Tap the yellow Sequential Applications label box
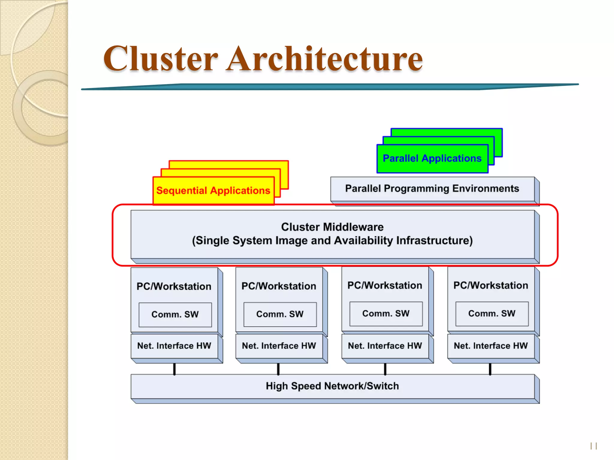(213, 190)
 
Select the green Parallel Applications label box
(432, 158)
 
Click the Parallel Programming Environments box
(432, 189)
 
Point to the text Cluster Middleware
(332, 227)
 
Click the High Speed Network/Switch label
(332, 386)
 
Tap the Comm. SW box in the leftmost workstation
(175, 314)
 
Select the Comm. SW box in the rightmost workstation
(492, 314)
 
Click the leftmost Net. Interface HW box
(174, 346)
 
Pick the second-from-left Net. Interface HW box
(279, 346)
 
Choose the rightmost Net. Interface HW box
(491, 346)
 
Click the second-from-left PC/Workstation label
(279, 286)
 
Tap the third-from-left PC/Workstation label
(385, 285)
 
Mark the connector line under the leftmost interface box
(174, 369)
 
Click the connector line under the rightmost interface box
(490, 369)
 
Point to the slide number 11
(594, 446)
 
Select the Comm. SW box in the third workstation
(386, 314)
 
